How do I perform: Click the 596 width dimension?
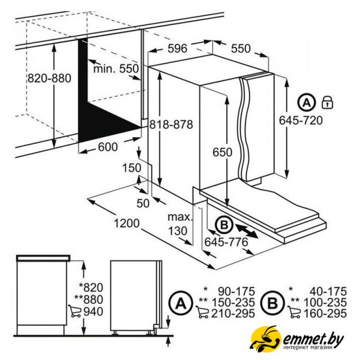(177, 49)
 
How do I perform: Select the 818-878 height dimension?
(171, 125)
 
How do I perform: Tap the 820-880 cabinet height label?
(49, 78)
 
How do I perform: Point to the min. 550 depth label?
(116, 69)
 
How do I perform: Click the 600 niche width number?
(108, 147)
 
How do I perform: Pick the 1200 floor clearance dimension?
(126, 223)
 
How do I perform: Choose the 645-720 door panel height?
(301, 121)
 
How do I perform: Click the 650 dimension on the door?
(222, 152)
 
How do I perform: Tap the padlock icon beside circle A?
(328, 103)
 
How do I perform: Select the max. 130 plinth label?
(180, 224)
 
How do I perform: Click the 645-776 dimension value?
(226, 242)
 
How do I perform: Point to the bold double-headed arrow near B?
(246, 231)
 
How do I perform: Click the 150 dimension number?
(131, 168)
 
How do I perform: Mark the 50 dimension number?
(143, 203)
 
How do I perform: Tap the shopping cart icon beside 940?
(75, 311)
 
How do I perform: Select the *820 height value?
(91, 288)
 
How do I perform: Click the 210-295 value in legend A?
(233, 313)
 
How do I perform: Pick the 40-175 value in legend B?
(328, 292)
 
